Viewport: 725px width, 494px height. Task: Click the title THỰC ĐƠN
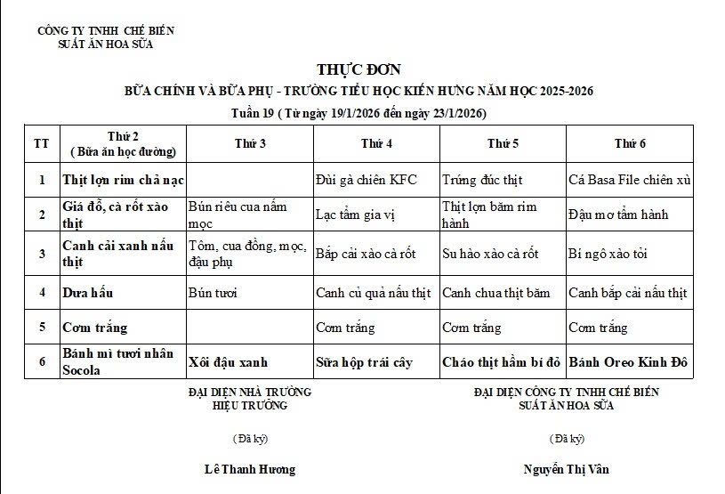[x=358, y=70]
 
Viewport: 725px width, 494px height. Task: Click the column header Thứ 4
[x=377, y=144]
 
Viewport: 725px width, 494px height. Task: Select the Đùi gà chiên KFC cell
[x=366, y=180]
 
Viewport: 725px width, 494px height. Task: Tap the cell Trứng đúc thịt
[x=479, y=180]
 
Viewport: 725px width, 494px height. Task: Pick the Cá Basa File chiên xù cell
[x=629, y=180]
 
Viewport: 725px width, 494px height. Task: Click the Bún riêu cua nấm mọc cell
[x=238, y=214]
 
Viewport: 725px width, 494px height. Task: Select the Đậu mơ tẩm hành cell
[x=617, y=215]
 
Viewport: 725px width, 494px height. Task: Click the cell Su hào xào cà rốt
[x=490, y=254]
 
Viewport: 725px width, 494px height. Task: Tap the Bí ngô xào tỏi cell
[x=608, y=254]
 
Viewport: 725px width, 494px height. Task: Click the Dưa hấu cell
[x=87, y=293]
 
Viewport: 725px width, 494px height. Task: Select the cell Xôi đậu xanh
[x=228, y=363]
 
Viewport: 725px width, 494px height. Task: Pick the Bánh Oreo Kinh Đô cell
[x=629, y=363]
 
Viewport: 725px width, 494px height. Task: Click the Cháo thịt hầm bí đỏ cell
[x=502, y=363]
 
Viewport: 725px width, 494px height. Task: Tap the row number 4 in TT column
[x=41, y=293]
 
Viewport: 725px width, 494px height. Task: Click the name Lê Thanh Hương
[x=249, y=469]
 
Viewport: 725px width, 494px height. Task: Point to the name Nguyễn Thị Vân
[x=567, y=469]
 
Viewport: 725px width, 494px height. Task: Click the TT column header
[x=41, y=144]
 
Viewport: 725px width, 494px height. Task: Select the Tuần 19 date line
[x=358, y=113]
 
